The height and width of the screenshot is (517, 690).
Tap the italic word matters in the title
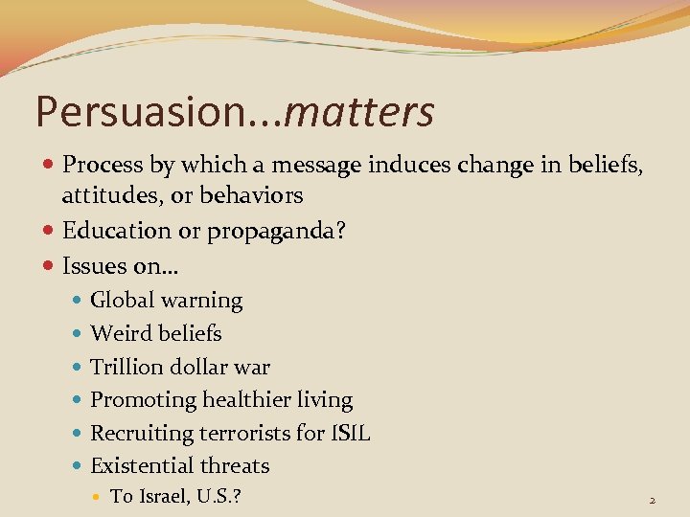359,112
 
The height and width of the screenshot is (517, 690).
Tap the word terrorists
244,433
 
